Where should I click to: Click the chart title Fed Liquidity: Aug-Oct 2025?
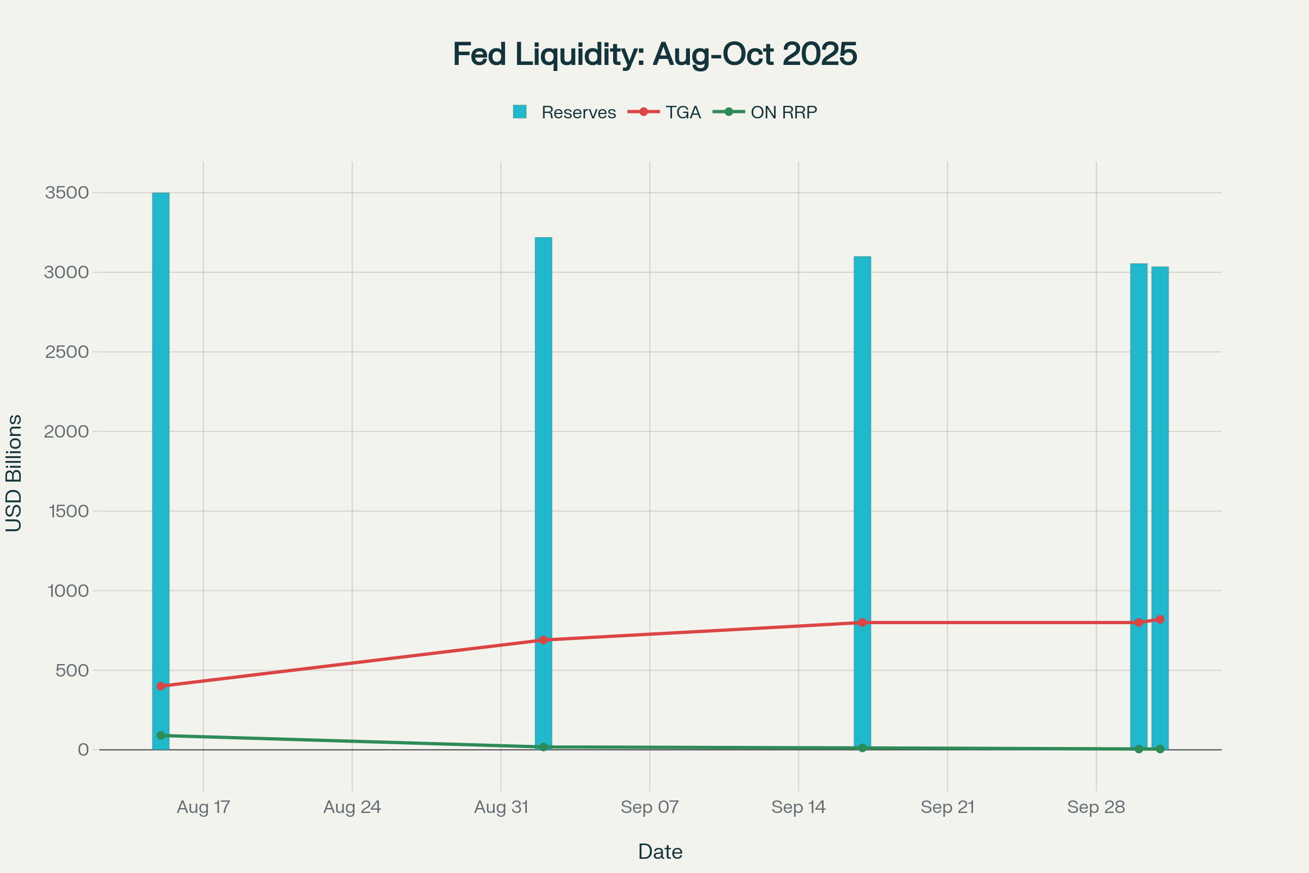coord(654,54)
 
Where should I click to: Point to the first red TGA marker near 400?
coord(161,686)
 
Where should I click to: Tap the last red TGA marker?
coord(1160,619)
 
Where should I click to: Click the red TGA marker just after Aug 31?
coord(543,639)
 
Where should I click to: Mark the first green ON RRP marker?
coord(161,736)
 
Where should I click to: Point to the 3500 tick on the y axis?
coord(67,193)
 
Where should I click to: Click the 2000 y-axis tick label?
coord(67,432)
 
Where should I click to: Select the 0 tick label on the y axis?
coord(83,749)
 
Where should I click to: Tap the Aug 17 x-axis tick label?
coord(203,807)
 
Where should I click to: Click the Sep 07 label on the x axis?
coord(650,807)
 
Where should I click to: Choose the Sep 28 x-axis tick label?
coord(1096,807)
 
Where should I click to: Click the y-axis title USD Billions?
coord(13,473)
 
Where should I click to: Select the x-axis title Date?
coord(660,851)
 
